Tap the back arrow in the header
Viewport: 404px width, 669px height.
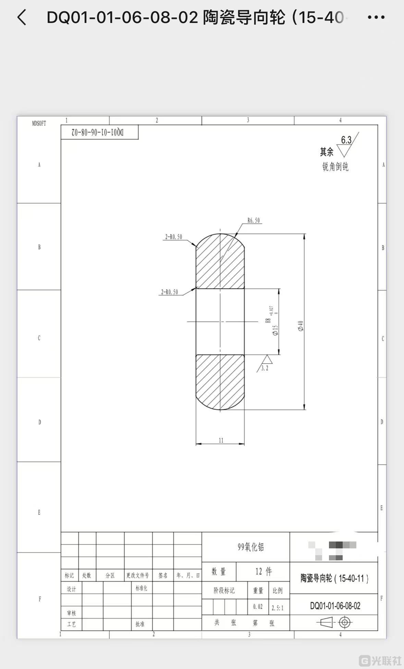point(22,17)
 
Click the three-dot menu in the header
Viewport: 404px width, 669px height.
point(376,17)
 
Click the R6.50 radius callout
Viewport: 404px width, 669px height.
point(254,221)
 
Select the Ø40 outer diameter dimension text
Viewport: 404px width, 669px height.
point(301,326)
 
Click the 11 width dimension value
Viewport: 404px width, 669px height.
point(221,441)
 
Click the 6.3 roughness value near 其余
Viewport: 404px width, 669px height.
point(346,140)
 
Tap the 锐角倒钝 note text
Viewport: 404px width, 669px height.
point(335,167)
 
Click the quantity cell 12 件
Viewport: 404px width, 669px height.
point(263,571)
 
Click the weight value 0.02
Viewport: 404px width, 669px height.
point(258,607)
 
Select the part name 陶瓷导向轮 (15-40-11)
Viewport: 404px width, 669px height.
point(334,579)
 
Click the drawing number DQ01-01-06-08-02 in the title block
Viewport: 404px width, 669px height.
point(335,606)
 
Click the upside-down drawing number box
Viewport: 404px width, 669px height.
point(99,132)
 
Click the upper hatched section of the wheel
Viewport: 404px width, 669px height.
point(220,264)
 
